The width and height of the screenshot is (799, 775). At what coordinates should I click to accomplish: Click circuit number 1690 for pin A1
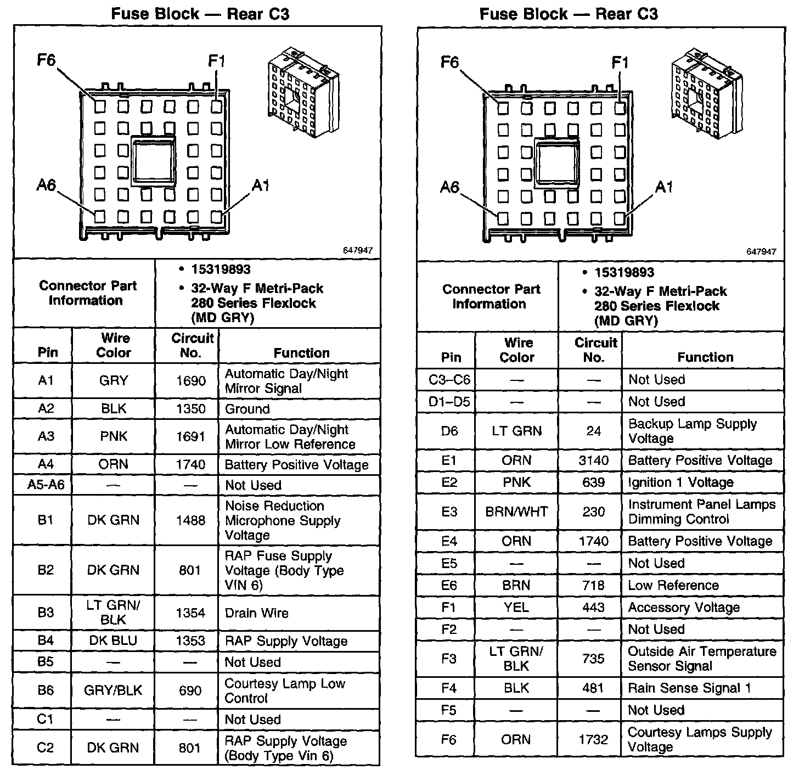tap(190, 381)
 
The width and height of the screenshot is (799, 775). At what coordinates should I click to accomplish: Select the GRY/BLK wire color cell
tap(113, 690)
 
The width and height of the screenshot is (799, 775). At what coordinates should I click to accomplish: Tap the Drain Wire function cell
tap(256, 613)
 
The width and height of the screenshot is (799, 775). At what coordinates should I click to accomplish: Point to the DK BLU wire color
tap(113, 641)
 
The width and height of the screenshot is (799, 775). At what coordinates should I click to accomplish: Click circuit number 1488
tap(190, 520)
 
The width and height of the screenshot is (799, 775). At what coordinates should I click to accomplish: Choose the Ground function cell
tap(247, 409)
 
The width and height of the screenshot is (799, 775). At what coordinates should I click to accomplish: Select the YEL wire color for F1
tap(516, 607)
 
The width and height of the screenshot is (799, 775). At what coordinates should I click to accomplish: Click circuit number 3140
tap(594, 460)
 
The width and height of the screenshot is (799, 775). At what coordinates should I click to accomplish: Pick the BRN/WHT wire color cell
tap(516, 512)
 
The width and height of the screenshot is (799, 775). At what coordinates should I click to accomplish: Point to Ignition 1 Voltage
tap(680, 482)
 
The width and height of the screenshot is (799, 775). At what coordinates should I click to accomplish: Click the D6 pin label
tap(449, 431)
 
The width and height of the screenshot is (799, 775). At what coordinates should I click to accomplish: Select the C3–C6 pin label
tap(449, 379)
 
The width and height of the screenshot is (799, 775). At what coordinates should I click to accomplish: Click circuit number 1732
tap(594, 739)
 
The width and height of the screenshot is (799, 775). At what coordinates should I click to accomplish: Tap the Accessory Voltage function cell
tap(684, 607)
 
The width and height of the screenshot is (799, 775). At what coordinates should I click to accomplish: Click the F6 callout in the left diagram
tap(47, 60)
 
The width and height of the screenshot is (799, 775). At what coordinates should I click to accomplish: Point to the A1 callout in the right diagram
tap(664, 188)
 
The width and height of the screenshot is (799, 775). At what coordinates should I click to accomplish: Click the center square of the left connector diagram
tap(154, 160)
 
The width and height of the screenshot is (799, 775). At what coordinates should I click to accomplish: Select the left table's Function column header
tap(301, 353)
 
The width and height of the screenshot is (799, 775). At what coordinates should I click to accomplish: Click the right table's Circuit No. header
tap(595, 350)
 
